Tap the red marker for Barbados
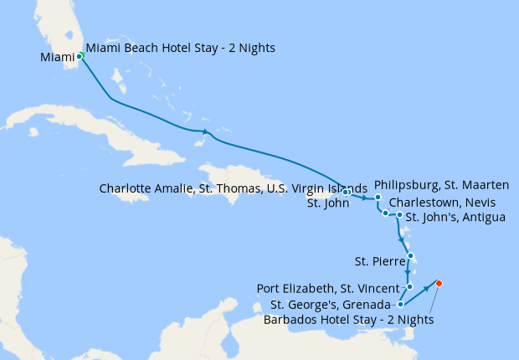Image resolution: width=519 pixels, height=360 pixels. point(439,283)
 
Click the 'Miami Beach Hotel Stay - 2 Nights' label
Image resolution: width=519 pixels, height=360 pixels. point(181,48)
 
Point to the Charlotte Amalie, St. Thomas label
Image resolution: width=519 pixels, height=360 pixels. point(233,188)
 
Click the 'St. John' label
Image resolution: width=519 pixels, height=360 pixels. point(328,203)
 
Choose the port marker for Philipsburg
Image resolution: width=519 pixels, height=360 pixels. point(378,198)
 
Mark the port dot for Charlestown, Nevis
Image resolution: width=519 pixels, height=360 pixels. point(385,213)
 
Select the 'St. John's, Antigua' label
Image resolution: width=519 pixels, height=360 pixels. point(455,218)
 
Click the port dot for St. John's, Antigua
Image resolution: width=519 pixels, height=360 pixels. point(400,215)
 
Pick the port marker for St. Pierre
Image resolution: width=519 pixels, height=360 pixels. point(411,257)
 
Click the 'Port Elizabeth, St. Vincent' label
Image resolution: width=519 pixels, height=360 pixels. point(328,289)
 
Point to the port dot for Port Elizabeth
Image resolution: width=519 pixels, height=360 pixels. point(410,286)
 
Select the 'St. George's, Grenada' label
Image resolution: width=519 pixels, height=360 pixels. point(331,304)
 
